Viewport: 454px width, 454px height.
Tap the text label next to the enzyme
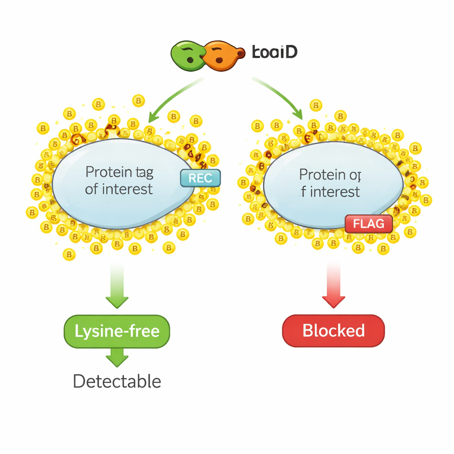(274, 52)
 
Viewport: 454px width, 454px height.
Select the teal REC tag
(200, 178)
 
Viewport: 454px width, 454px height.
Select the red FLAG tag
(368, 224)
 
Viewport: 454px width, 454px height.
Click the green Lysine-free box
(117, 331)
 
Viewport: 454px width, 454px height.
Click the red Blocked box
(333, 331)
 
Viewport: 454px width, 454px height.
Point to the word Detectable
(117, 381)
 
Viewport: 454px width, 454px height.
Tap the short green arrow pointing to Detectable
(117, 357)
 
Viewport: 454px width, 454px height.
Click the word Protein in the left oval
(108, 172)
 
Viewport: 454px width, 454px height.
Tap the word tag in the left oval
(144, 172)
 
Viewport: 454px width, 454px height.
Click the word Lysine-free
(117, 331)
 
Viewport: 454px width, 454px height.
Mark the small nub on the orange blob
(241, 53)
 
